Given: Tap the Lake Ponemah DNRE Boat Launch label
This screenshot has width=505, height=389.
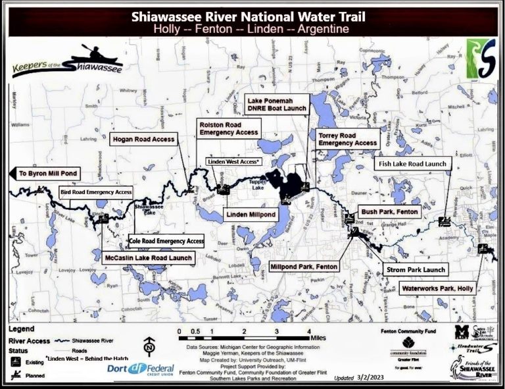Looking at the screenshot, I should pyautogui.click(x=276, y=103).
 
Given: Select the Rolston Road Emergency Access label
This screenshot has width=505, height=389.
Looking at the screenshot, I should pyautogui.click(x=229, y=128).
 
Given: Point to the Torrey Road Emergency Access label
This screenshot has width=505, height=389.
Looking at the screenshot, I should pyautogui.click(x=348, y=139).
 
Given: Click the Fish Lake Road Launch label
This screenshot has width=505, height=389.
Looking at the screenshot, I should pyautogui.click(x=412, y=164).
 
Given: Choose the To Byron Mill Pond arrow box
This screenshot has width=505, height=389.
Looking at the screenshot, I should pyautogui.click(x=47, y=173).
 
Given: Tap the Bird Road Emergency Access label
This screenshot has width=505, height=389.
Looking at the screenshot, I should pyautogui.click(x=96, y=192).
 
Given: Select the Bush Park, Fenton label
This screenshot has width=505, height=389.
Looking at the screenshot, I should pyautogui.click(x=389, y=213).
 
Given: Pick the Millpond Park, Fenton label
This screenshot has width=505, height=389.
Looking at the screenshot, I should pyautogui.click(x=302, y=267).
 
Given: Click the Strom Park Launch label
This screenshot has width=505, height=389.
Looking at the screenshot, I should pyautogui.click(x=416, y=269).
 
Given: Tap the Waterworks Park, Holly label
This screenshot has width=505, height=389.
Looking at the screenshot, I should pyautogui.click(x=436, y=288).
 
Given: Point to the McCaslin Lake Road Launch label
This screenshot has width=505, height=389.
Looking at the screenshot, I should pyautogui.click(x=148, y=258).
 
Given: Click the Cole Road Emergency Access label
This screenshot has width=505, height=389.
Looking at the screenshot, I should pyautogui.click(x=166, y=241).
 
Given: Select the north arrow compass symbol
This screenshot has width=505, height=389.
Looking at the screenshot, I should pyautogui.click(x=149, y=346).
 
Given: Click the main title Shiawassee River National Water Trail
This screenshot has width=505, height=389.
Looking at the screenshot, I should pyautogui.click(x=252, y=16).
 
